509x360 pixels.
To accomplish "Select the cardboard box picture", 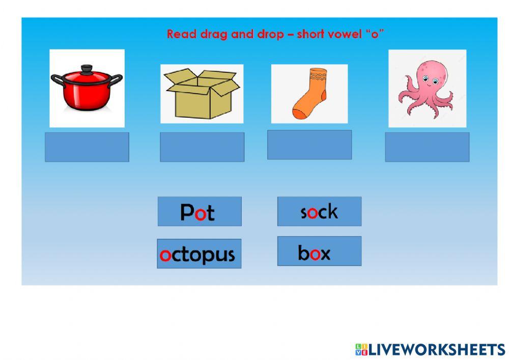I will (x=202, y=94).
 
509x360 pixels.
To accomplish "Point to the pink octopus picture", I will (x=427, y=89).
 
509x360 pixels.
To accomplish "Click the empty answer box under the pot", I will (x=87, y=147).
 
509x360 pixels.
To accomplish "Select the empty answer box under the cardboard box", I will (x=202, y=147).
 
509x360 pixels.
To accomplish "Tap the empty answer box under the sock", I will (x=309, y=145).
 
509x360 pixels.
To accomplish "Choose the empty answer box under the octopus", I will (x=427, y=147).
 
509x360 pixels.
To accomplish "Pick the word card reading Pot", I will (x=200, y=211).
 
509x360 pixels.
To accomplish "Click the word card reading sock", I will (x=319, y=211).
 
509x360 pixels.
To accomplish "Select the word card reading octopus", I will (x=199, y=254).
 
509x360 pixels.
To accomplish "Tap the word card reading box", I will (x=319, y=251).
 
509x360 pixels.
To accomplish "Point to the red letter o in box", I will (x=316, y=254).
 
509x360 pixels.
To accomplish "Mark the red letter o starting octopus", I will (x=165, y=255).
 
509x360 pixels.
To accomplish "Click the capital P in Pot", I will (x=187, y=212).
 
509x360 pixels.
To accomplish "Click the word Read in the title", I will (x=178, y=35).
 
